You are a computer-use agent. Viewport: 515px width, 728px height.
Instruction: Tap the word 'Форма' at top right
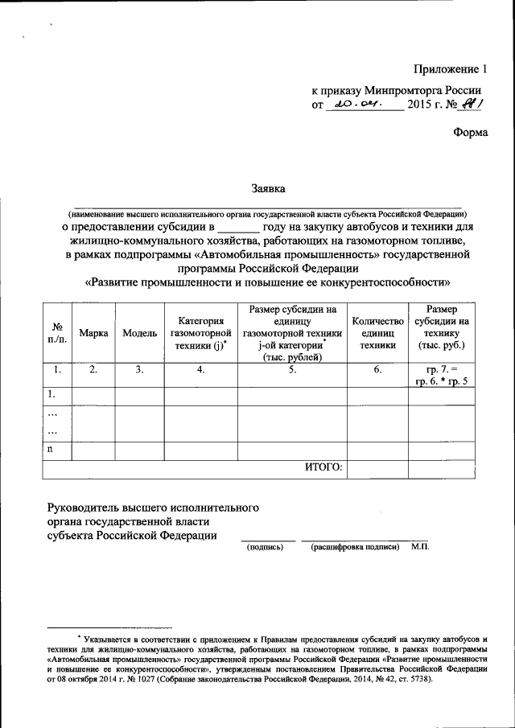click(471, 133)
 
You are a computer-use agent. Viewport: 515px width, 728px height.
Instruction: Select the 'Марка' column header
click(93, 333)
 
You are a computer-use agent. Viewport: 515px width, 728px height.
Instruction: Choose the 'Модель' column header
click(140, 333)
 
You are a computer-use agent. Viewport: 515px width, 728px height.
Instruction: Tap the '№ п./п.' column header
click(57, 333)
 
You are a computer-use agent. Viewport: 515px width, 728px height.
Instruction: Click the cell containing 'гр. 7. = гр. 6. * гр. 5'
click(441, 375)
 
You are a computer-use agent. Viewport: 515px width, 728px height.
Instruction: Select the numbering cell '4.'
click(200, 370)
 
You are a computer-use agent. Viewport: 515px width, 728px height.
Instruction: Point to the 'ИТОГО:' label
click(323, 466)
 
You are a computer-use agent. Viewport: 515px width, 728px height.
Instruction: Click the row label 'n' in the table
click(50, 449)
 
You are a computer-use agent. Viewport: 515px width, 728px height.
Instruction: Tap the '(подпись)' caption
click(263, 547)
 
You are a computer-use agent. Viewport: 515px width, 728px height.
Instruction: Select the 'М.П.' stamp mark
click(419, 547)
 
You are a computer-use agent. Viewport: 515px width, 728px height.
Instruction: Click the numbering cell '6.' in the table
click(377, 370)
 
